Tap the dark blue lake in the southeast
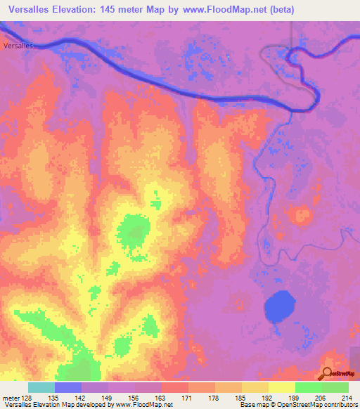(x=280, y=306)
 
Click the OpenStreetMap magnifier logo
(x=328, y=373)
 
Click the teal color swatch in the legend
(x=41, y=387)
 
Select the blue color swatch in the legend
(x=68, y=387)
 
